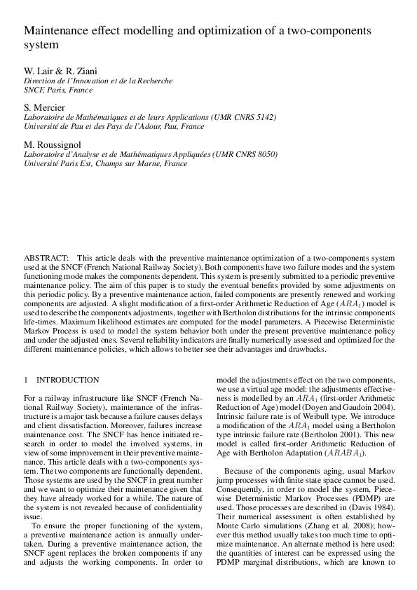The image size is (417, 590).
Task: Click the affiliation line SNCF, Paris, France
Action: click(x=58, y=90)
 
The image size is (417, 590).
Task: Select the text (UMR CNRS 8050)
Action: click(x=245, y=154)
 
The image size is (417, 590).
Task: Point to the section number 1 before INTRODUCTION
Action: click(x=27, y=379)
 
